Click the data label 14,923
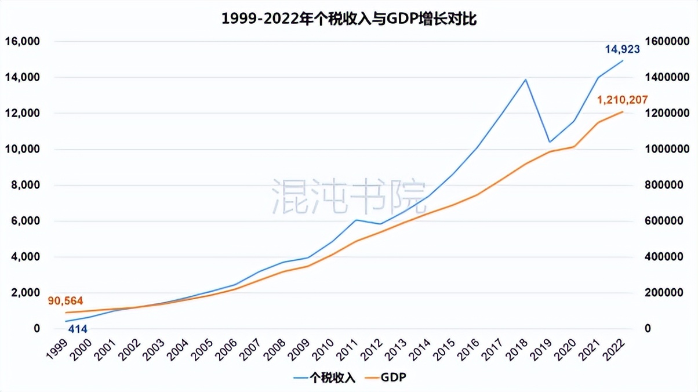pos(622,49)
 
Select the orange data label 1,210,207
pos(622,100)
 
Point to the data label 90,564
pos(66,300)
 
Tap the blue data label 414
pos(78,329)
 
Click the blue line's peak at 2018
pos(526,79)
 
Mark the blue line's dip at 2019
pos(550,142)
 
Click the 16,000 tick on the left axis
pos(21,41)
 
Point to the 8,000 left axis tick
pos(24,185)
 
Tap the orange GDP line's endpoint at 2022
pos(623,111)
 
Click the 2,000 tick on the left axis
pos(24,293)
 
